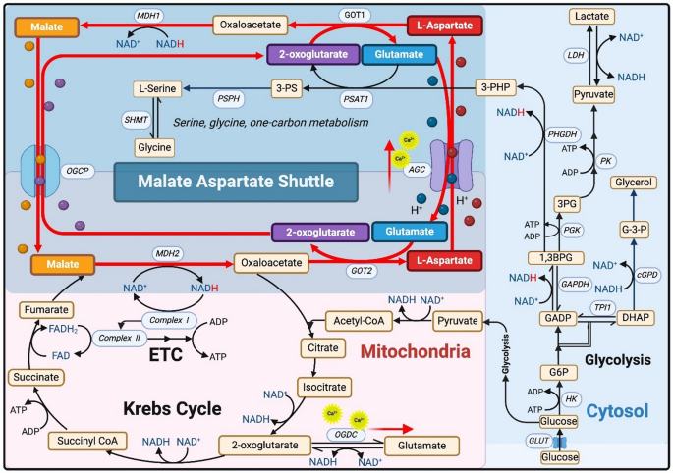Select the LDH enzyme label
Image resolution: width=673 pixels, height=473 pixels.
coord(576,55)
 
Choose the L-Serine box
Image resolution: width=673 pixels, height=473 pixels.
coord(160,89)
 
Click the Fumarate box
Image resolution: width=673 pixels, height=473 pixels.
coord(47,310)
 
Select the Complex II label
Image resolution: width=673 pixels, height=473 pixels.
coord(120,338)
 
